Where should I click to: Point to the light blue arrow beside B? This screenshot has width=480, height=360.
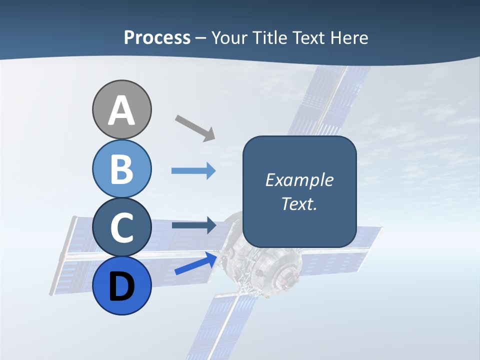coord(193,171)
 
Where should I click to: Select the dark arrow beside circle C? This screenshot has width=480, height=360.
coord(193,225)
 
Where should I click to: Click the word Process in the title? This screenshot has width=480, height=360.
coord(157,37)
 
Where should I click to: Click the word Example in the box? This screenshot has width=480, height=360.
coord(299,180)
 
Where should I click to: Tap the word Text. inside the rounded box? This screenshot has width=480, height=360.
coord(299,203)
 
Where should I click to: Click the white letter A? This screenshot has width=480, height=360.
coord(121,111)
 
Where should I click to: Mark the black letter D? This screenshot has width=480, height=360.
coord(121,288)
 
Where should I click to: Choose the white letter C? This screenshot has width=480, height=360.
coord(121,228)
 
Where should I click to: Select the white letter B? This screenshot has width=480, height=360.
coord(121,169)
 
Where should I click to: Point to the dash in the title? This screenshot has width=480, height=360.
coord(201,38)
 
